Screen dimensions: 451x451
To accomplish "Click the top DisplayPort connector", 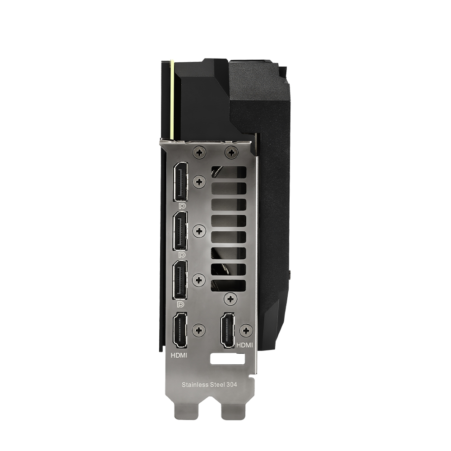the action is pyautogui.click(x=180, y=181).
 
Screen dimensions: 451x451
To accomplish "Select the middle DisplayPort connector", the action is pyautogui.click(x=180, y=231).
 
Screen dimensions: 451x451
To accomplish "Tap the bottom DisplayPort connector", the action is pyautogui.click(x=180, y=280).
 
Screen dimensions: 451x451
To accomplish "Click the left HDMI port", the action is pyautogui.click(x=179, y=331).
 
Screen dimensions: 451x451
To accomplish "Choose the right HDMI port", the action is pyautogui.click(x=227, y=331).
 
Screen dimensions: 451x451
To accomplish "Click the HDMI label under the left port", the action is pyautogui.click(x=179, y=355).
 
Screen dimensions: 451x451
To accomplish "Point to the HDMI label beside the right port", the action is pyautogui.click(x=244, y=345).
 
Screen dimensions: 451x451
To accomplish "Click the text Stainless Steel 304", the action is pyautogui.click(x=209, y=385).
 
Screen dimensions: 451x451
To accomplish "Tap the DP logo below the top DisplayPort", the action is pyautogui.click(x=182, y=206).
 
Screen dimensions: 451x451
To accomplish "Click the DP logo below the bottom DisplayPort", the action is pyautogui.click(x=182, y=304).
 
